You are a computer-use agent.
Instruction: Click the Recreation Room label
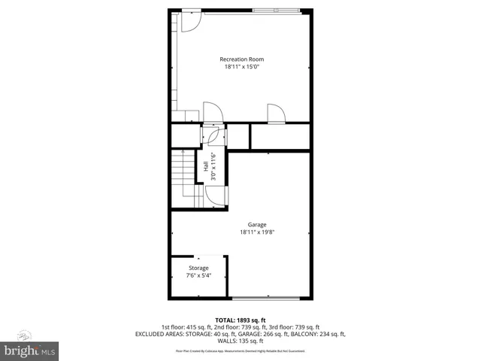[241, 59]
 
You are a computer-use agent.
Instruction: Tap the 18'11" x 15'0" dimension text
[241, 67]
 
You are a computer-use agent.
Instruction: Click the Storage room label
[198, 268]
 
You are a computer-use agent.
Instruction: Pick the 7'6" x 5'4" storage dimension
[198, 275]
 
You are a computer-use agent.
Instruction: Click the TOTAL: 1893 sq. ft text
[240, 320]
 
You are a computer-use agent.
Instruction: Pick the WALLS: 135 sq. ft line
[240, 341]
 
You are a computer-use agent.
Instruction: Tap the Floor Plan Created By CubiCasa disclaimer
[240, 350]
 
